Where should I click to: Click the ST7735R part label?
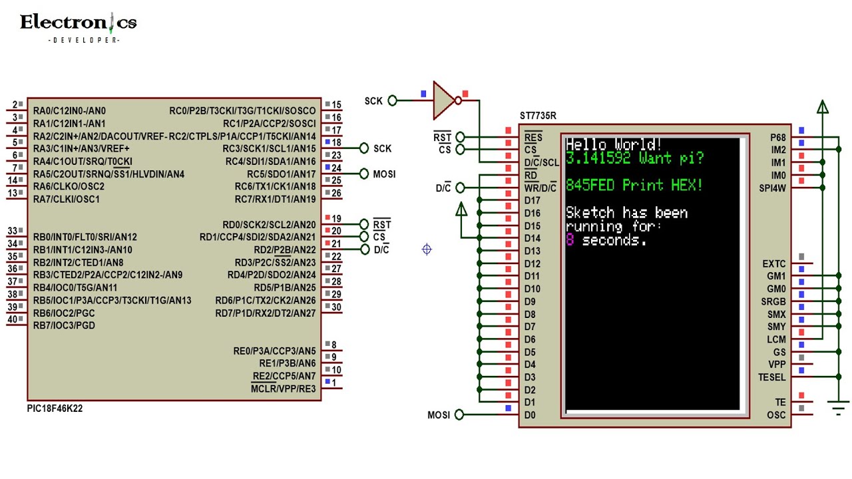pyautogui.click(x=538, y=116)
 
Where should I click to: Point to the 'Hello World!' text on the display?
pyautogui.click(x=613, y=144)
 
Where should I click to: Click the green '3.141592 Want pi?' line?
pyautogui.click(x=634, y=158)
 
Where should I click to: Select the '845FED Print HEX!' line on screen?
pyautogui.click(x=634, y=186)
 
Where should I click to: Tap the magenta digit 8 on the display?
pyautogui.click(x=570, y=240)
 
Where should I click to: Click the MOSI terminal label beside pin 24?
pyautogui.click(x=384, y=174)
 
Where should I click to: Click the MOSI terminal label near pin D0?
pyautogui.click(x=439, y=415)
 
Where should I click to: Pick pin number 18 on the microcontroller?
pyautogui.click(x=337, y=143)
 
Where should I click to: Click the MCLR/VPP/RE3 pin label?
pyautogui.click(x=283, y=389)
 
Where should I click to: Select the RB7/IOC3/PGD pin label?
pyautogui.click(x=64, y=325)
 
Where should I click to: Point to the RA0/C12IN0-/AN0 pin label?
pyautogui.click(x=69, y=110)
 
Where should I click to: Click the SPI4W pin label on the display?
pyautogui.click(x=773, y=188)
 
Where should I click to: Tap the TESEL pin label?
pyautogui.click(x=771, y=377)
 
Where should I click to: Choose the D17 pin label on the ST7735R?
pyautogui.click(x=532, y=200)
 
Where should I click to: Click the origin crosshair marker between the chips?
pyautogui.click(x=427, y=249)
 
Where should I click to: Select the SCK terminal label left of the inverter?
pyautogui.click(x=373, y=101)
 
